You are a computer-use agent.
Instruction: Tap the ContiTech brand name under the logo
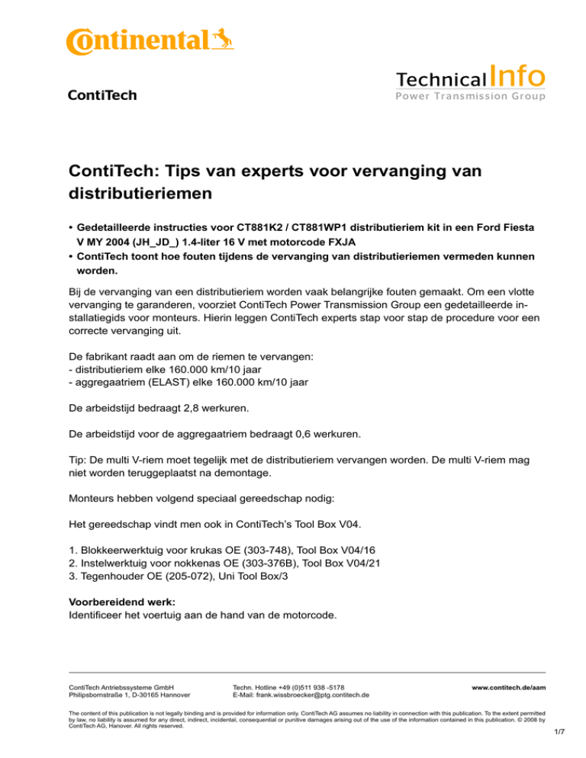[102, 95]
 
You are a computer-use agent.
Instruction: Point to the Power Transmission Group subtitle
[469, 96]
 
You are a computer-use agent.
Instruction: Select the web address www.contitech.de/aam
[508, 687]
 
